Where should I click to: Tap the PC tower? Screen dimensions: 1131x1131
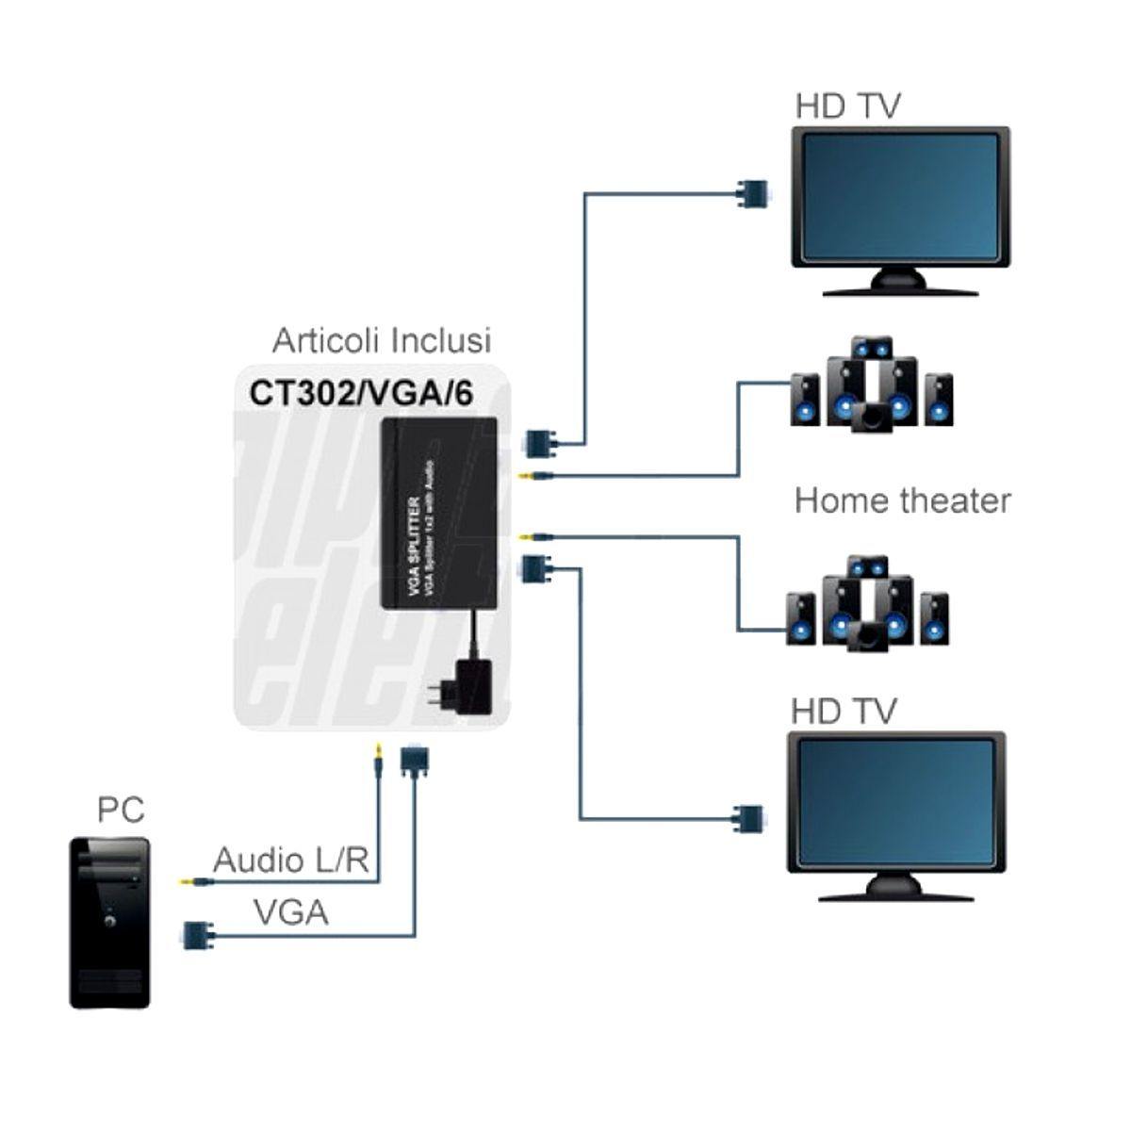click(x=110, y=922)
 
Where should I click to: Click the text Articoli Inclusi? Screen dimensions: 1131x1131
click(x=382, y=339)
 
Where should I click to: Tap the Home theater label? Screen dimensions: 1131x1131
click(x=902, y=500)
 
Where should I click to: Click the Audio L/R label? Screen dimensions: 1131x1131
click(x=288, y=860)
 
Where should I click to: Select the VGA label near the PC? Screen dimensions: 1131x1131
click(x=290, y=911)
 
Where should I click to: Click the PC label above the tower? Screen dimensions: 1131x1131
click(x=121, y=809)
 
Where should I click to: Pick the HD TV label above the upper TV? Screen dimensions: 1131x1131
click(x=847, y=106)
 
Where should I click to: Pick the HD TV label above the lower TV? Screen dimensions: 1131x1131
click(x=843, y=711)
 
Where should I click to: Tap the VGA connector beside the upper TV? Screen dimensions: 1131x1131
click(x=750, y=193)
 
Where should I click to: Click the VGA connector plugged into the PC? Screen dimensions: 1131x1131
click(x=195, y=934)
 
